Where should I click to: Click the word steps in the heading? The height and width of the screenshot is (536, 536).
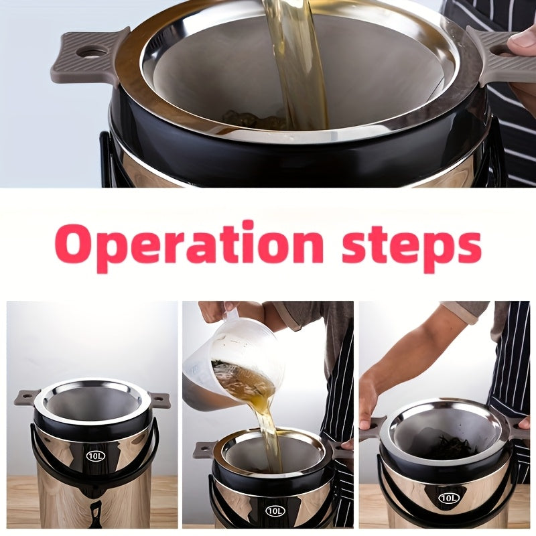(411, 247)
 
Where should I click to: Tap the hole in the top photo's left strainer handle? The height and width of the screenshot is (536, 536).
(92, 52)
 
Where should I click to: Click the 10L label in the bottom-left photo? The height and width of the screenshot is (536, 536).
(95, 456)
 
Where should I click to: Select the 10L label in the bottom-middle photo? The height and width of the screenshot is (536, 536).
(275, 511)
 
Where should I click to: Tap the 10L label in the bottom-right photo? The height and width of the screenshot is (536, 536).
(448, 498)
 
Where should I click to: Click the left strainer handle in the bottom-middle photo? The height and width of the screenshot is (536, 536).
(205, 450)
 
